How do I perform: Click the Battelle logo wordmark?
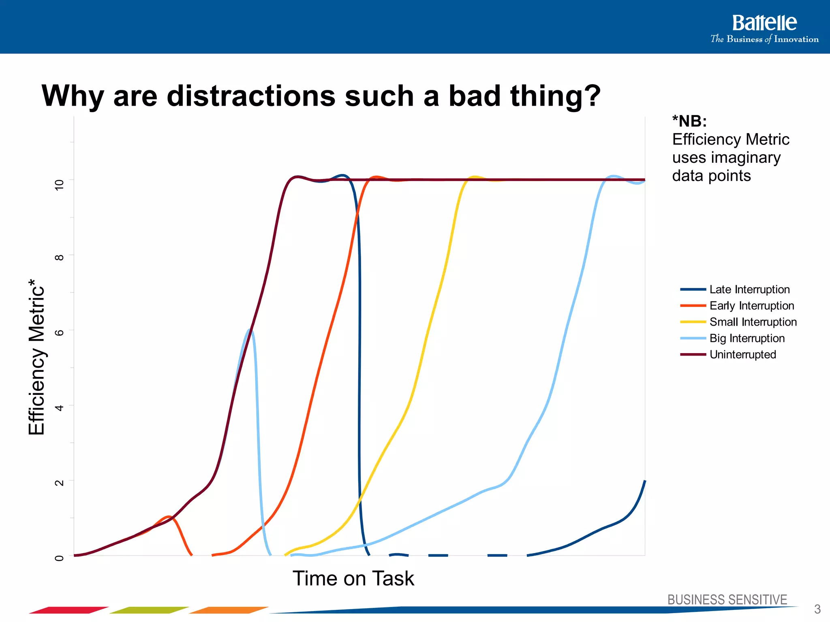pos(764,23)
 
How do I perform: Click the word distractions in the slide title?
pos(251,96)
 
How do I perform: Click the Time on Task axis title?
pos(353,578)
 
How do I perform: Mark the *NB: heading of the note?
pos(689,121)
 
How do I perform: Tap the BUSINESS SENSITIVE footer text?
pos(727,599)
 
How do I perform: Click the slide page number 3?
pos(817,609)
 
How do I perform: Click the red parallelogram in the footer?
pos(69,610)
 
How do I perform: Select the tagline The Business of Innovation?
pos(764,39)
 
